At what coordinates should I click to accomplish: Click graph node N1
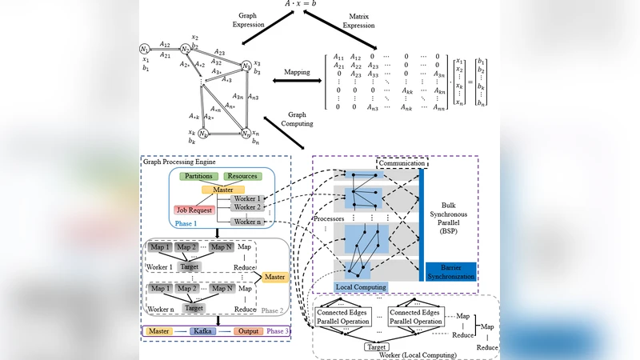point(145,50)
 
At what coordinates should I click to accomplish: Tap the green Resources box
point(242,175)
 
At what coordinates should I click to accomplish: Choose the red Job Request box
point(195,210)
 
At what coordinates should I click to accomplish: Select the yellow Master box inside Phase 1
point(218,189)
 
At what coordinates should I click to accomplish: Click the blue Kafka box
point(203,330)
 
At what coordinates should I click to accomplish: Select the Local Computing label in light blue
point(360,286)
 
